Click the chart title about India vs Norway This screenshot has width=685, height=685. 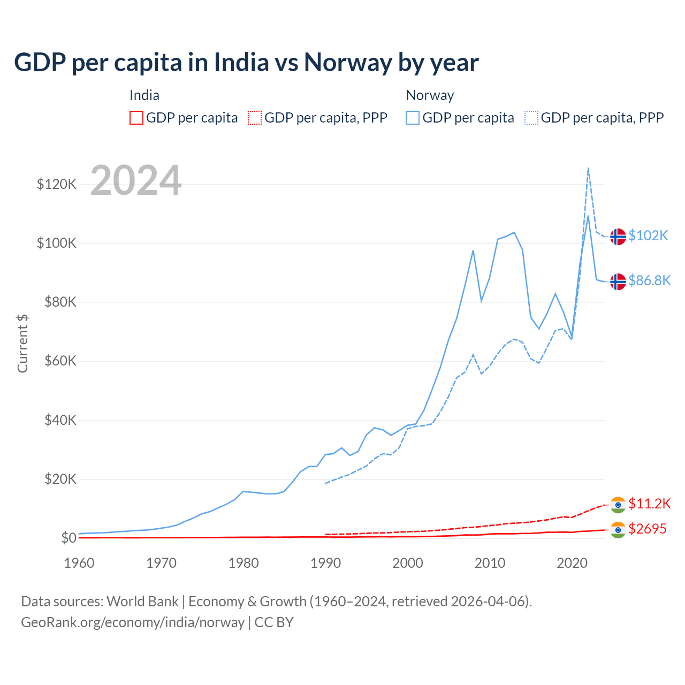pyautogui.click(x=246, y=62)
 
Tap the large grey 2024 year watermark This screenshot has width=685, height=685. pyautogui.click(x=136, y=180)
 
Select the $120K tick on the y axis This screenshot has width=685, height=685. pyautogui.click(x=57, y=184)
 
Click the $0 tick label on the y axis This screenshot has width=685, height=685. pyautogui.click(x=68, y=537)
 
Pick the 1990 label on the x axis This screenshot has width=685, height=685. pyautogui.click(x=325, y=563)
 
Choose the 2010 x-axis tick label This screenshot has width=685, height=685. pyautogui.click(x=490, y=563)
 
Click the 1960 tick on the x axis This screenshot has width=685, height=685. pyautogui.click(x=79, y=563)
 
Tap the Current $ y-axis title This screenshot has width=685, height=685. pyautogui.click(x=22, y=343)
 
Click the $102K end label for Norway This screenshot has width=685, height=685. pyautogui.click(x=648, y=235)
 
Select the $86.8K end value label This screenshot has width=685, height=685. pyautogui.click(x=649, y=280)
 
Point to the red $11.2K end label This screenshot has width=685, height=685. pyautogui.click(x=649, y=504)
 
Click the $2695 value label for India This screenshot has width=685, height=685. pyautogui.click(x=648, y=529)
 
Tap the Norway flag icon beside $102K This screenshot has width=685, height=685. pyautogui.click(x=618, y=236)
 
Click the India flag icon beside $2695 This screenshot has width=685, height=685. pyautogui.click(x=618, y=529)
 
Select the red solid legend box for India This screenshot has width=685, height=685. pyautogui.click(x=136, y=118)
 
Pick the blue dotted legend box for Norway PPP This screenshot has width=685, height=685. pyautogui.click(x=531, y=118)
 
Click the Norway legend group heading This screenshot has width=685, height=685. pyautogui.click(x=430, y=95)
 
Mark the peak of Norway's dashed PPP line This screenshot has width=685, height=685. pyautogui.click(x=588, y=168)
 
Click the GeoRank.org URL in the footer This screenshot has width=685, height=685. pyautogui.click(x=133, y=622)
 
